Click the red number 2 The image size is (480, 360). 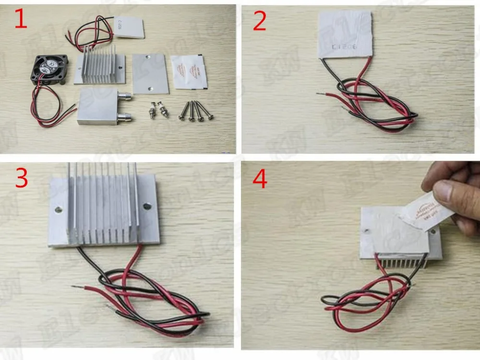click(x=260, y=22)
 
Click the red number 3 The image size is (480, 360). click(x=21, y=179)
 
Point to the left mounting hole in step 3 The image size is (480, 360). click(x=59, y=210)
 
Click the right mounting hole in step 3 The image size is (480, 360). click(x=146, y=206)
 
